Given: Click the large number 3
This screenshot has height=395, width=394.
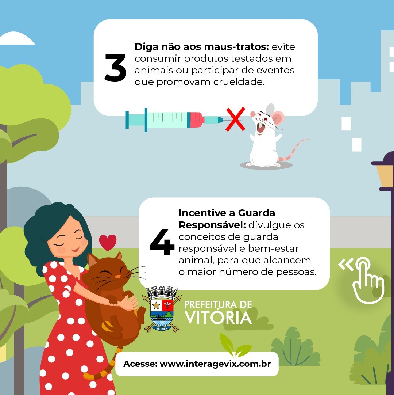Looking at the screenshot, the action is coord(115,68).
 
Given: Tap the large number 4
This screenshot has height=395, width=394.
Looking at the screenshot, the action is coord(162,242).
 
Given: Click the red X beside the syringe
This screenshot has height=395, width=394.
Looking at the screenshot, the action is coord(235,119).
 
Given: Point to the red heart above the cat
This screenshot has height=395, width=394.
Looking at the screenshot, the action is coord(108,242).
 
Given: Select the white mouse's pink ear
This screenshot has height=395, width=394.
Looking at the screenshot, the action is coord(278,117).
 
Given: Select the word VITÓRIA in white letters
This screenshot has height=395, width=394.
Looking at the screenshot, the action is coord(218,318).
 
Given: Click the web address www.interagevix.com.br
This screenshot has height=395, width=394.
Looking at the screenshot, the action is coord(215,364).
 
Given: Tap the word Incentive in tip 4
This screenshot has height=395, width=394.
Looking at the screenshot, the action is coord(207,213).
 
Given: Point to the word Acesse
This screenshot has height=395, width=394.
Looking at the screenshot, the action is coord(140,364).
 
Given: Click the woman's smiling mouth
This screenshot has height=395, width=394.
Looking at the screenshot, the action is coord(75,250).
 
